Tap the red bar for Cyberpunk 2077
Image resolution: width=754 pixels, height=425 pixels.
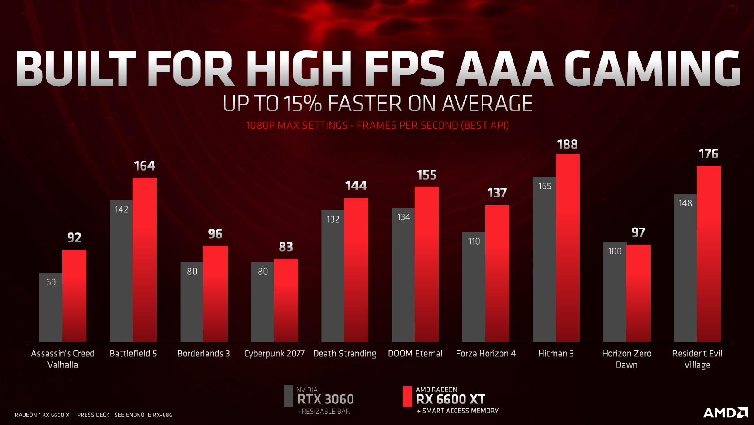[x=286, y=300]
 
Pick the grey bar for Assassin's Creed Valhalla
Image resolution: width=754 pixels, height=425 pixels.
[x=51, y=310]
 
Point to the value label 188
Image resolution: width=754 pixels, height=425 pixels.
[x=567, y=145]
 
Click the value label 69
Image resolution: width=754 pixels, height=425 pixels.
[x=51, y=282]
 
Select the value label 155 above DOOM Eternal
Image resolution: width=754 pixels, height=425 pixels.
[x=427, y=175]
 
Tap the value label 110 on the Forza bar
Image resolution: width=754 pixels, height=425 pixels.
[x=474, y=241]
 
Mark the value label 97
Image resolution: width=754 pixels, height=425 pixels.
[x=638, y=232]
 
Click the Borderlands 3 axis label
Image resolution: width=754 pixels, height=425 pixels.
[x=204, y=354]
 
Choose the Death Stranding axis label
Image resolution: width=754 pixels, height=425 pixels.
[x=345, y=354]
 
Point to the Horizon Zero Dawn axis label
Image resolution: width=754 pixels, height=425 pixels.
[x=627, y=359]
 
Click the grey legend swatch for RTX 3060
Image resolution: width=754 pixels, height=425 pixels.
[x=289, y=396]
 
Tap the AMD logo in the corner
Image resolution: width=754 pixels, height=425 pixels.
[x=725, y=413]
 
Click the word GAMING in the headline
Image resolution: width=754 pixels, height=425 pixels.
[x=652, y=68]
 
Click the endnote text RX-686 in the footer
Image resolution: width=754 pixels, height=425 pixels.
[x=163, y=415]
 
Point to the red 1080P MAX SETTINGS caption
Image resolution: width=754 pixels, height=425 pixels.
[x=297, y=126]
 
